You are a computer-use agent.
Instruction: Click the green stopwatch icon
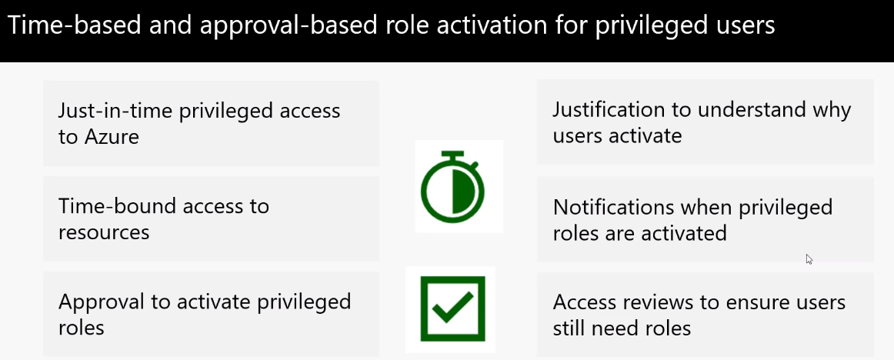(x=452, y=186)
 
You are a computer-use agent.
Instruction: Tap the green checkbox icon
(x=452, y=308)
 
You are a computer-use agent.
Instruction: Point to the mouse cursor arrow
(x=809, y=259)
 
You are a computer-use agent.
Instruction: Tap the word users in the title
(x=746, y=27)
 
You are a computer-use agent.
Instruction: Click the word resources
(x=104, y=232)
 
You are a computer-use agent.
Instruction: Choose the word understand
(x=750, y=109)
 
